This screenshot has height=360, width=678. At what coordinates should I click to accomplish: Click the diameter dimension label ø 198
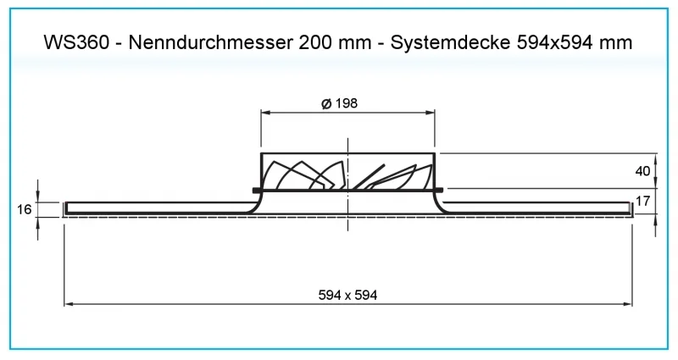[x=339, y=102]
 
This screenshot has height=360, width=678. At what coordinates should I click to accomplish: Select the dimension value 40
[x=642, y=171]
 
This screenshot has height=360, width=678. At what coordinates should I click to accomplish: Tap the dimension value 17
[x=642, y=202]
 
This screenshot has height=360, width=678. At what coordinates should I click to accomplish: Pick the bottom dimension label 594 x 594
[x=347, y=295]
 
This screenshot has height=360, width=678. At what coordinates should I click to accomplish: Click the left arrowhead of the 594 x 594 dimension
[x=70, y=302]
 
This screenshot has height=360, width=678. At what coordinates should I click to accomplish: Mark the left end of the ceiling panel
[x=67, y=208]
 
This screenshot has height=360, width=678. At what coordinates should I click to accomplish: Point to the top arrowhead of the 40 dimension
[x=655, y=158]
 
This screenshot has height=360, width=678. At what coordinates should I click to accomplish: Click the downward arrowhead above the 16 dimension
[x=38, y=197]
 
